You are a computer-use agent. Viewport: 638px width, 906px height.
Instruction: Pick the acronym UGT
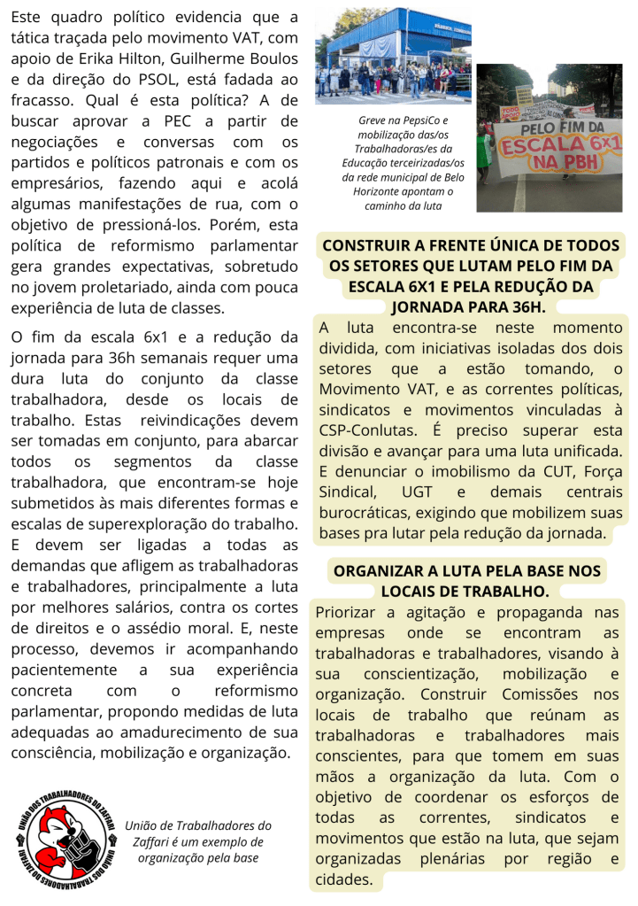coord(417,492)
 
